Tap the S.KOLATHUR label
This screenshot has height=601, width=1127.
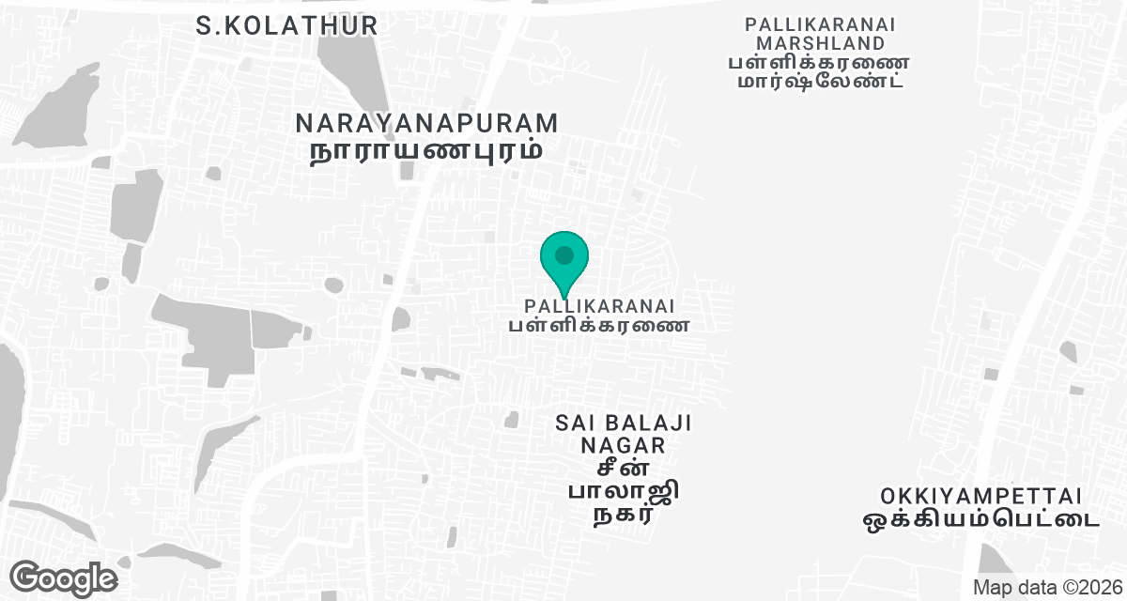tap(287, 25)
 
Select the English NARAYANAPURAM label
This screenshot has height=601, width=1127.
tap(427, 123)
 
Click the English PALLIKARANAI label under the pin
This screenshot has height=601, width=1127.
tap(599, 306)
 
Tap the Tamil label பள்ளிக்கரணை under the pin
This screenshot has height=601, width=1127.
tap(599, 326)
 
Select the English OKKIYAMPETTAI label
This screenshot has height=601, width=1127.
tap(981, 495)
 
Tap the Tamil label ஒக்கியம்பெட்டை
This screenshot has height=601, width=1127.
tap(981, 517)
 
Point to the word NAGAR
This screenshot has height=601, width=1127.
tap(624, 445)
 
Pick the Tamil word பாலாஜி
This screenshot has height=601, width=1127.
tap(624, 491)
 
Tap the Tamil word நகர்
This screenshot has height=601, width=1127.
tap(624, 515)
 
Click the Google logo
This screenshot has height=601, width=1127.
tap(63, 578)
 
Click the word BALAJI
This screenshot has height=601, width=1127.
tap(649, 424)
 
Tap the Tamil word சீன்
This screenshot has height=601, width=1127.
tap(624, 468)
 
